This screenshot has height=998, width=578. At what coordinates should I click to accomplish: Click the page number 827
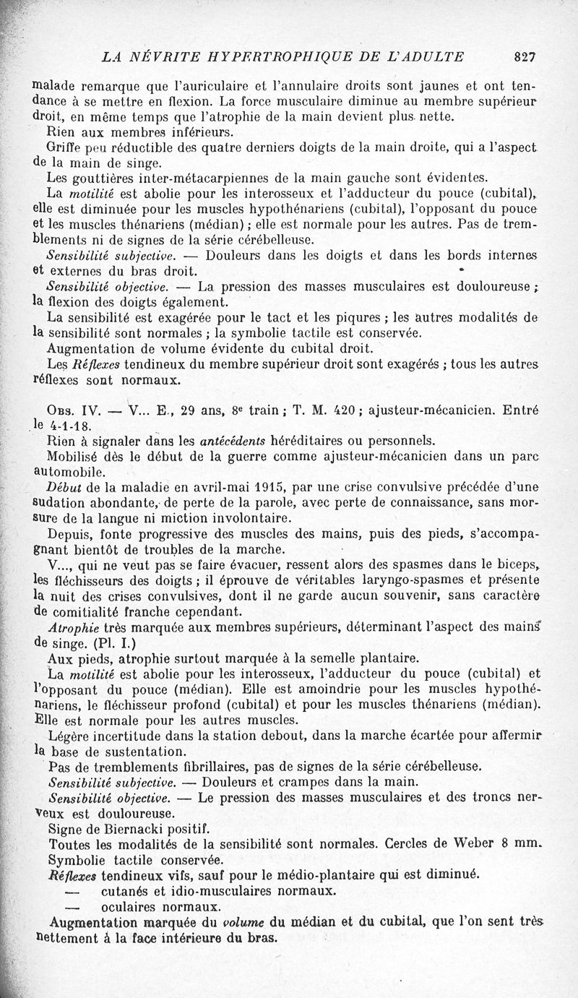click(x=525, y=56)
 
